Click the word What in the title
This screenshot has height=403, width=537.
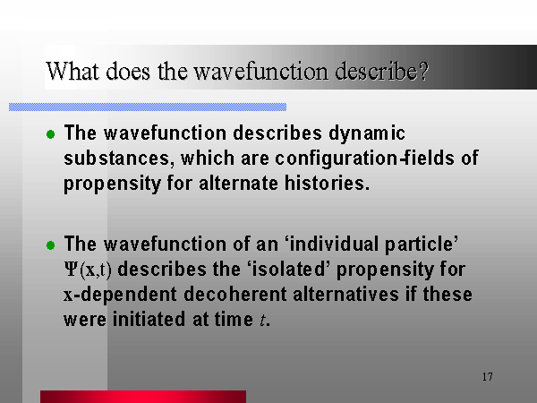(x=73, y=72)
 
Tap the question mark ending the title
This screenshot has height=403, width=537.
(x=423, y=71)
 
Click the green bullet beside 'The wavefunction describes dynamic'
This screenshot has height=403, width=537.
(x=51, y=134)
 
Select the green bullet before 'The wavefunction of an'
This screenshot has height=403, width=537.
(x=51, y=245)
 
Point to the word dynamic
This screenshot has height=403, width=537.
(x=367, y=133)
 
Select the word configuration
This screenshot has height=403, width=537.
(x=337, y=159)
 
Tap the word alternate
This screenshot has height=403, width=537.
(x=239, y=183)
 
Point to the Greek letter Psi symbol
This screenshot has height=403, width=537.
(x=71, y=270)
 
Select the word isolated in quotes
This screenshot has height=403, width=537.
(x=288, y=269)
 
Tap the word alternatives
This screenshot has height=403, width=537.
(x=345, y=295)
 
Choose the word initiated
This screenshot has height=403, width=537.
(x=149, y=319)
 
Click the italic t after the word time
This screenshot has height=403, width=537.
(x=262, y=320)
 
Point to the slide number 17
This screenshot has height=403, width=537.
(x=488, y=377)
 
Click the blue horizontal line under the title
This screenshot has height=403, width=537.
(x=148, y=107)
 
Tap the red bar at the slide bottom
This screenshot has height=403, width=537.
(x=143, y=397)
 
